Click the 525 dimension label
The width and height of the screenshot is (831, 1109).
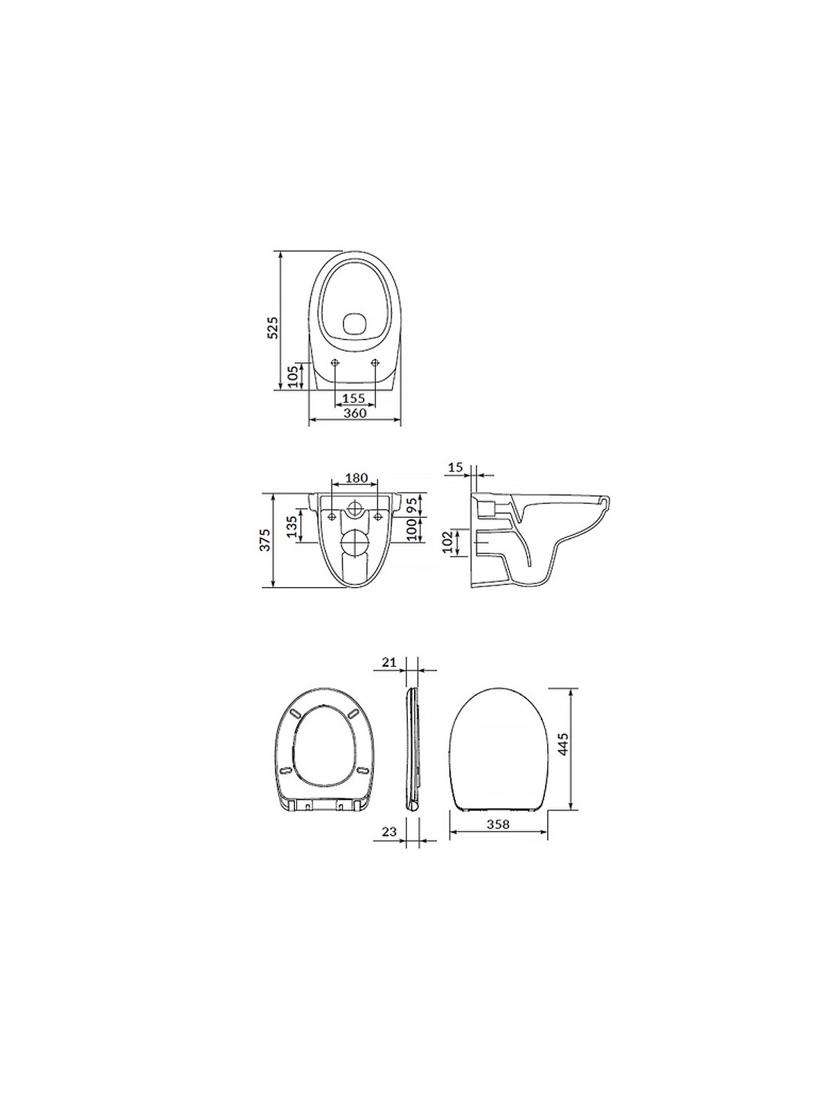click(272, 328)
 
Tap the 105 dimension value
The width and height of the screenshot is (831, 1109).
click(294, 376)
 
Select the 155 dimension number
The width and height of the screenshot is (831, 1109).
click(354, 399)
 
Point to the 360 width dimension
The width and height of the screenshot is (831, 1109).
click(354, 413)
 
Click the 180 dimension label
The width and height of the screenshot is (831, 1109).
click(356, 478)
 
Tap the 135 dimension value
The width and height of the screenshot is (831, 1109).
click(291, 526)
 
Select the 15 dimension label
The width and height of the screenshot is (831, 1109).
click(455, 467)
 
